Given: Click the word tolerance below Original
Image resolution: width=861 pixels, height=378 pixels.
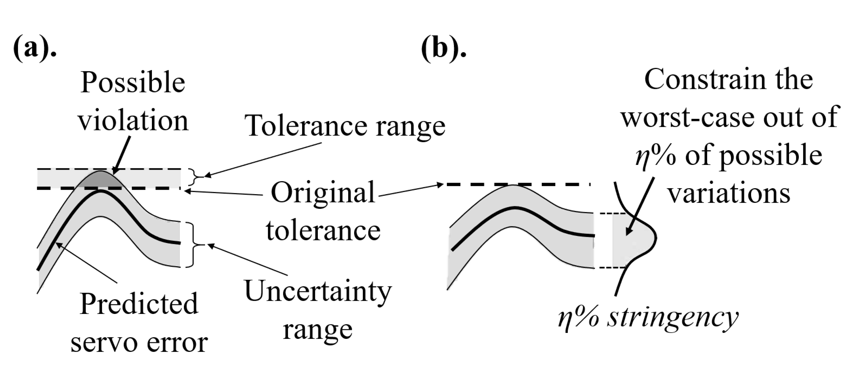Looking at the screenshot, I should (323, 231).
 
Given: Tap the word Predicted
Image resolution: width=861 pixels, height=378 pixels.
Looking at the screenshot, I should (139, 304).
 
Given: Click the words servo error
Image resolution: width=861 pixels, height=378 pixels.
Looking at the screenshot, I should (139, 343).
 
